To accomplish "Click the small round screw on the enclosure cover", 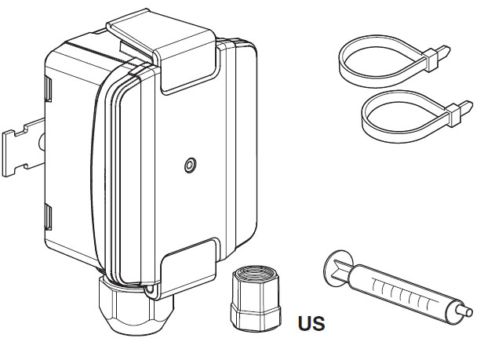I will tap(189, 165).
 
